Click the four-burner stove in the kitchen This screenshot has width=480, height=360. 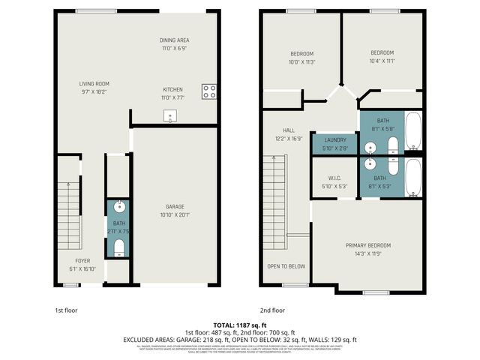tap(209, 92)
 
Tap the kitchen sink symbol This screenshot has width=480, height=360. tap(171, 115)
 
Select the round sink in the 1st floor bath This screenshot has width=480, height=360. tap(118, 207)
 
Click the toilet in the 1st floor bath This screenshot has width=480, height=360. tap(118, 247)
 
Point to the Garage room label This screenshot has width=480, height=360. tap(175, 206)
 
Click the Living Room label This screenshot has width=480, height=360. tap(94, 83)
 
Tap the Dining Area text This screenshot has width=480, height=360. tap(175, 40)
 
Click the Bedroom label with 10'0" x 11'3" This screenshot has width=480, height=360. tap(302, 53)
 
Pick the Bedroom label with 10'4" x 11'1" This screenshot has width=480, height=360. tap(382, 52)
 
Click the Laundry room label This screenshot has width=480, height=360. tap(334, 139)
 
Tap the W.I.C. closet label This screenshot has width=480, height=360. tap(334, 178)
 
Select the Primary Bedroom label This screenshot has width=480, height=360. tap(367, 245)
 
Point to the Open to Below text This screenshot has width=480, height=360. tap(286, 266)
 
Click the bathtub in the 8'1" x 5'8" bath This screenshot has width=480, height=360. tap(412, 130)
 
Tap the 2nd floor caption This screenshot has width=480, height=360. tap(272, 310)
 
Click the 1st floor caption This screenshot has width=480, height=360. tap(65, 310)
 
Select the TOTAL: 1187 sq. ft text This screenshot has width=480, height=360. tap(239, 325)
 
